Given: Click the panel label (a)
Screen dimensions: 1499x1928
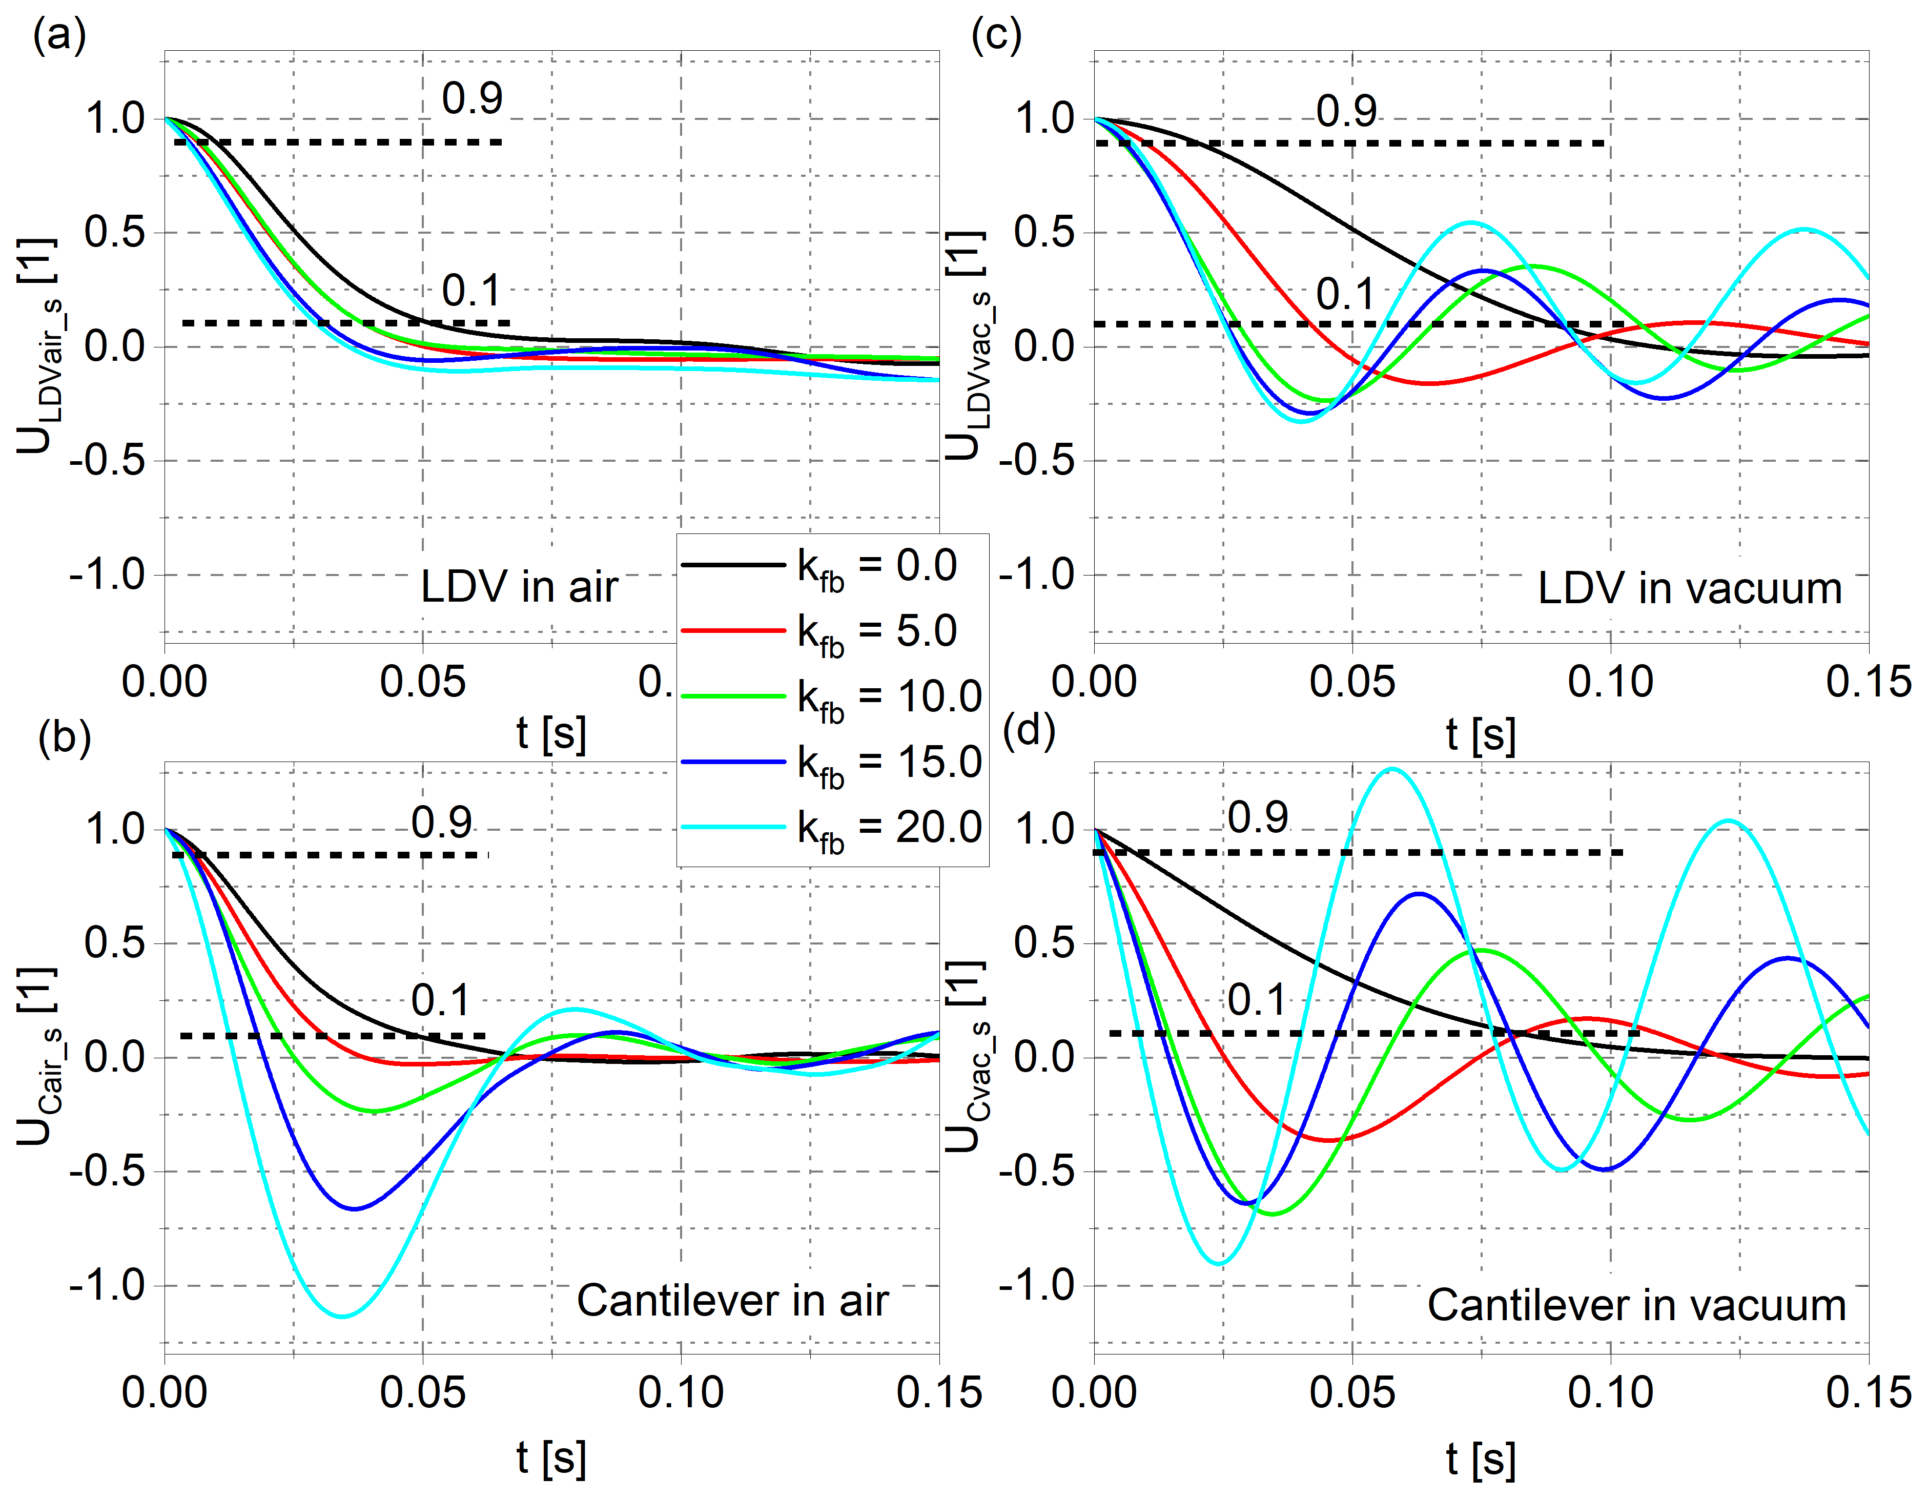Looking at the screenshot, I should point(59,36).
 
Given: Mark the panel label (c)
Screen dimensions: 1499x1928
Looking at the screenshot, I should point(996,36).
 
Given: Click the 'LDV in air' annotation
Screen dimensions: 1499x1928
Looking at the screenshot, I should point(519,587).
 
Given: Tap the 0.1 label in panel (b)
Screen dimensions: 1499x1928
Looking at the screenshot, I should point(441,1000).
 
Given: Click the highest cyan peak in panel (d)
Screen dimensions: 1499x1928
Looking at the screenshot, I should point(1392,770).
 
